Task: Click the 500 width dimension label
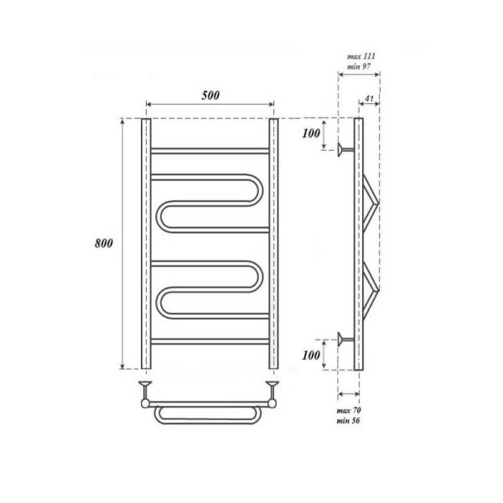210,96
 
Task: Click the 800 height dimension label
104,243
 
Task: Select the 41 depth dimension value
369,98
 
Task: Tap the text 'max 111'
360,56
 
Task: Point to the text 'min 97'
359,67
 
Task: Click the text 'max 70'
349,410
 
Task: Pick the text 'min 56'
348,420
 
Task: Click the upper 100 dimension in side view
311,133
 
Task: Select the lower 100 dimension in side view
311,355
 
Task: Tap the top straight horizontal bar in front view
210,151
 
